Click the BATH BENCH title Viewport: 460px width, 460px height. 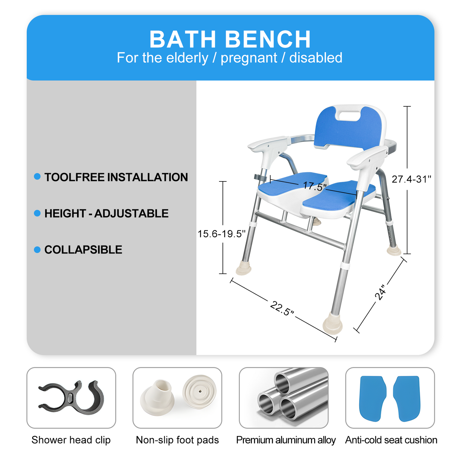[x=230, y=39]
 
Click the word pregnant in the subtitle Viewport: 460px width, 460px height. [x=249, y=58]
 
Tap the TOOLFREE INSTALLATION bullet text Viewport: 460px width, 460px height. [x=116, y=177]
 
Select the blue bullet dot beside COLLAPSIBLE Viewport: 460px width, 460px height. [x=37, y=250]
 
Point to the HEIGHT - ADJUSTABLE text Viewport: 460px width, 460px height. [x=106, y=213]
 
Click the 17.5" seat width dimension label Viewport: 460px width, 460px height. [x=315, y=186]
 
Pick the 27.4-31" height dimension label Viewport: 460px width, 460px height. [x=411, y=179]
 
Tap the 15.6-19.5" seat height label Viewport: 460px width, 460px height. [x=222, y=234]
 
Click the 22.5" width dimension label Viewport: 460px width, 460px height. [x=282, y=308]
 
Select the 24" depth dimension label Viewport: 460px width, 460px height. [x=380, y=293]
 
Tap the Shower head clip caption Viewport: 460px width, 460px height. [x=71, y=440]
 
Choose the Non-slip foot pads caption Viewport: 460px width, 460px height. [x=177, y=440]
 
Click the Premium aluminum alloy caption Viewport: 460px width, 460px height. [x=286, y=440]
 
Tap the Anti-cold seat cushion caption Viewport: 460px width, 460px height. [x=391, y=440]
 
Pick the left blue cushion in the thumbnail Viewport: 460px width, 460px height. [x=373, y=398]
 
